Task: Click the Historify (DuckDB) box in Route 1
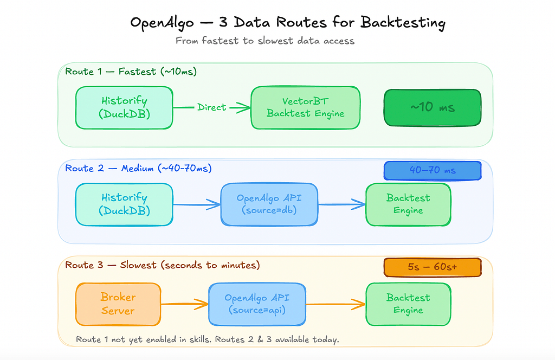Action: pyautogui.click(x=124, y=107)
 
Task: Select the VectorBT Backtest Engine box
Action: pyautogui.click(x=306, y=107)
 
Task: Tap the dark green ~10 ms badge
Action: pyautogui.click(x=433, y=107)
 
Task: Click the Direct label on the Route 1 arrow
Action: pyautogui.click(x=212, y=107)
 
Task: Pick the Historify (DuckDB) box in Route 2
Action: pyautogui.click(x=124, y=204)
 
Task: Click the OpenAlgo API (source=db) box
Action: pyautogui.click(x=269, y=204)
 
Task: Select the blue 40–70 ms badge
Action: pyautogui.click(x=433, y=171)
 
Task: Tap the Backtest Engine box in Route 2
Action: pyautogui.click(x=408, y=204)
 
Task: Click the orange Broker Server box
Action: pyautogui.click(x=118, y=304)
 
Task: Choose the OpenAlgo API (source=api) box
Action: pyautogui.click(x=257, y=304)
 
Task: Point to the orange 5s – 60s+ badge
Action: pyautogui.click(x=433, y=267)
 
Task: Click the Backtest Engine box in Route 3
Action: pyautogui.click(x=408, y=304)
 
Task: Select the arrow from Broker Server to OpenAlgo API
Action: pyautogui.click(x=184, y=304)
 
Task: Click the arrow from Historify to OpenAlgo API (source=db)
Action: pyautogui.click(x=197, y=204)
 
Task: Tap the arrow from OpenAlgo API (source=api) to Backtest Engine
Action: pyautogui.click(x=335, y=304)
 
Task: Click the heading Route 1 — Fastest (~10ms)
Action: pyautogui.click(x=131, y=72)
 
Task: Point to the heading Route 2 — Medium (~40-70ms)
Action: pyautogui.click(x=138, y=168)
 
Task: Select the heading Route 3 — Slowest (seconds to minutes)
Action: pyautogui.click(x=163, y=265)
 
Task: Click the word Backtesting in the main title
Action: pyautogui.click(x=403, y=23)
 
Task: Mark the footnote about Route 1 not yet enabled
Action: pyautogui.click(x=208, y=339)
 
